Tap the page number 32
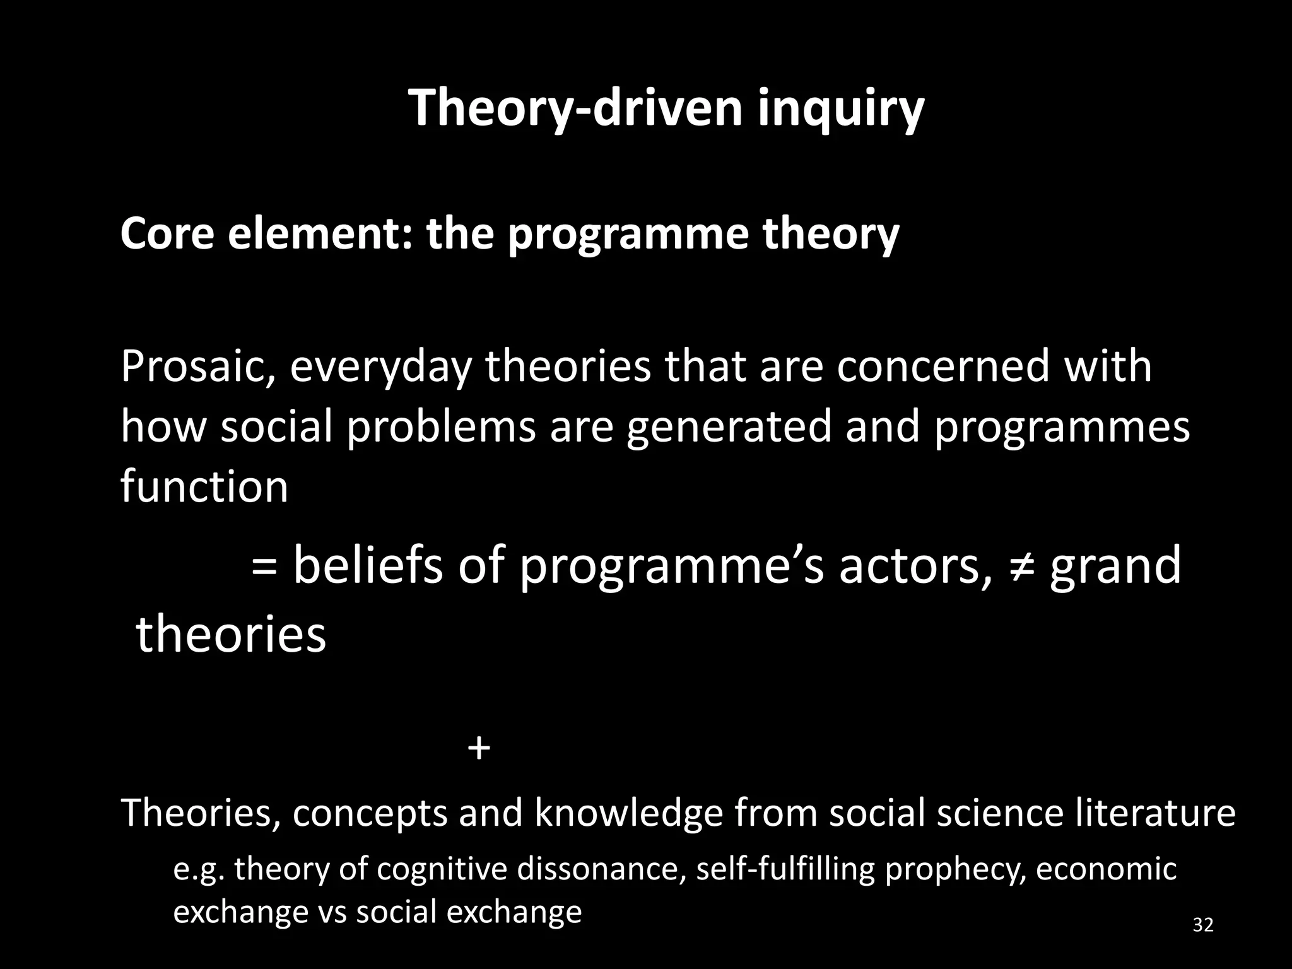click(x=1203, y=925)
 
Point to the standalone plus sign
click(x=479, y=749)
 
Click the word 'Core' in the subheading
click(x=167, y=233)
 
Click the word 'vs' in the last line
click(x=332, y=912)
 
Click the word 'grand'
click(x=1115, y=565)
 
